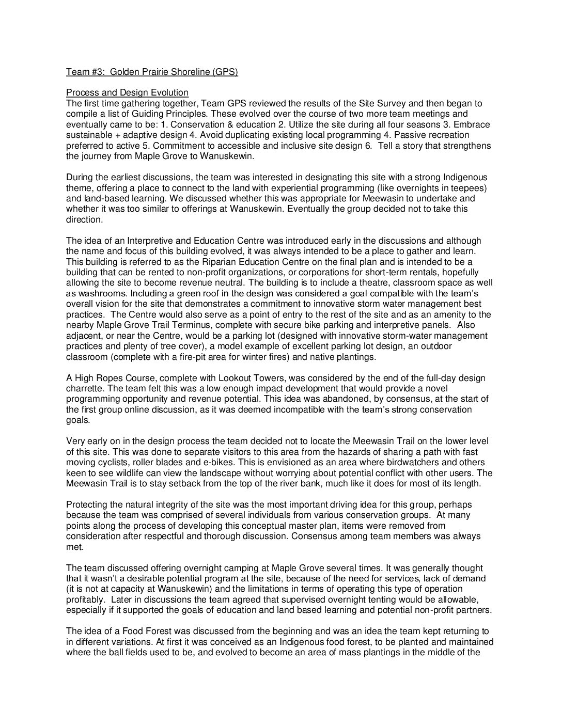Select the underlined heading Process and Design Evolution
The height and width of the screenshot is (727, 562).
[x=127, y=92]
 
